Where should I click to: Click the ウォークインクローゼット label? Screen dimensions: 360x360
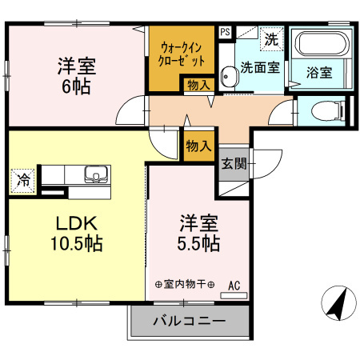(181, 54)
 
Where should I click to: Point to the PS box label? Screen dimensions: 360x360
(225, 33)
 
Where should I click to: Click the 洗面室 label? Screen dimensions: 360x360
(260, 69)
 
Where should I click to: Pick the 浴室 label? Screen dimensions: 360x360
(320, 72)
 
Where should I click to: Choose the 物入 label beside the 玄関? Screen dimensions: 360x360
(198, 146)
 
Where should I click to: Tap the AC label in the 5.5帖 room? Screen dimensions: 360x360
(234, 284)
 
